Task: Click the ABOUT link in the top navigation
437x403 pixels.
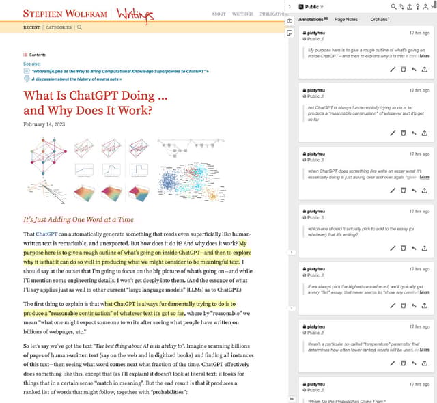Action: [218, 14]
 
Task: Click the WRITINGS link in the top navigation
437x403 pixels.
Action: [242, 14]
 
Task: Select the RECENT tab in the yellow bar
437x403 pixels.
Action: [31, 27]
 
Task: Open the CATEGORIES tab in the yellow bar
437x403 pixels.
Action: [59, 27]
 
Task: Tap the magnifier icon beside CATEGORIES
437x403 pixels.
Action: [80, 27]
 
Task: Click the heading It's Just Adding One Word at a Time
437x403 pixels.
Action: [79, 220]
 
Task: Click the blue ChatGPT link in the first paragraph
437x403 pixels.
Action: [48, 234]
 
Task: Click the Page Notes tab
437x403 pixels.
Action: [346, 19]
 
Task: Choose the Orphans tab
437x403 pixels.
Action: [380, 19]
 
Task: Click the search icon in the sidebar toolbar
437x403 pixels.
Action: [394, 6]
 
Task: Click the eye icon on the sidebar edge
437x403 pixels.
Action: [290, 21]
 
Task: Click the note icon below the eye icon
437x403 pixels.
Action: [290, 32]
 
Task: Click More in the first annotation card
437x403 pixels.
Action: [425, 55]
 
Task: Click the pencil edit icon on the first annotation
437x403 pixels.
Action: [393, 69]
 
